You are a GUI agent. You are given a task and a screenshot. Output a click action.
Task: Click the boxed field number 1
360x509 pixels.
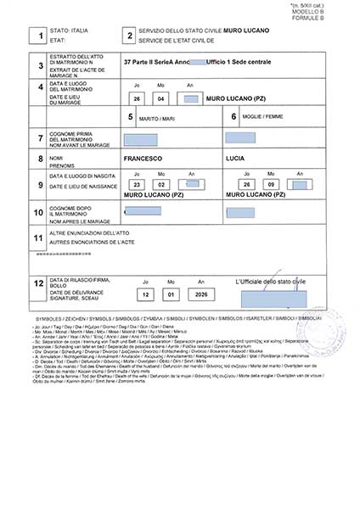37,36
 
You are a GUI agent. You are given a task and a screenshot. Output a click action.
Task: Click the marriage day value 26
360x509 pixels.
137,98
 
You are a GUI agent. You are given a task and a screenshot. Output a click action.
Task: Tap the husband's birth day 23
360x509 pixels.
136,185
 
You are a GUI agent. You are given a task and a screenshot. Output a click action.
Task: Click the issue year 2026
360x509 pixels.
201,294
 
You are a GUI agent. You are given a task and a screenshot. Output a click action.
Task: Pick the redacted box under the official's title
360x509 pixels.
273,299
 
